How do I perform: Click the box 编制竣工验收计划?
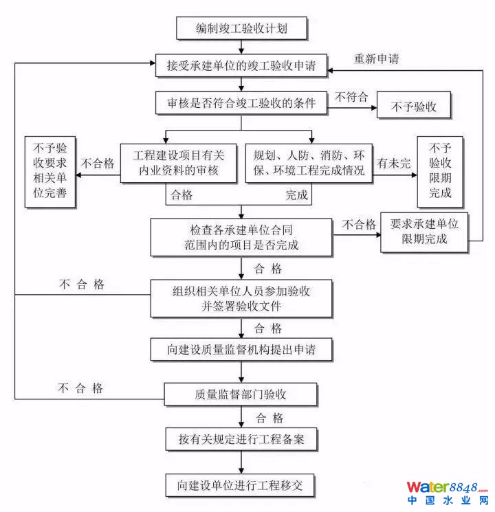pos(241,29)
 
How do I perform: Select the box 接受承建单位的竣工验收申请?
pos(241,66)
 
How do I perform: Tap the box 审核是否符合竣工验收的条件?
pos(241,104)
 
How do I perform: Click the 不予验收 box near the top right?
pos(414,107)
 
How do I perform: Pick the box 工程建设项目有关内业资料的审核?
pos(177,163)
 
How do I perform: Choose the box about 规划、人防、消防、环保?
pos(309,163)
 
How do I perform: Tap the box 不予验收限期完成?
pos(440,171)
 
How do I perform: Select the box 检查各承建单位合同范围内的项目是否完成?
pos(241,236)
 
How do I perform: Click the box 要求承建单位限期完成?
pos(424,232)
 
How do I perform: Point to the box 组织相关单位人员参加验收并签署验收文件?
pos(241,298)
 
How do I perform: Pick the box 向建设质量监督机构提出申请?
pos(241,349)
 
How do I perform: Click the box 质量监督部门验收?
pos(241,394)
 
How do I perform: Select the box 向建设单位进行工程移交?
pos(241,485)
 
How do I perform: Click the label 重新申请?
pos(377,58)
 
